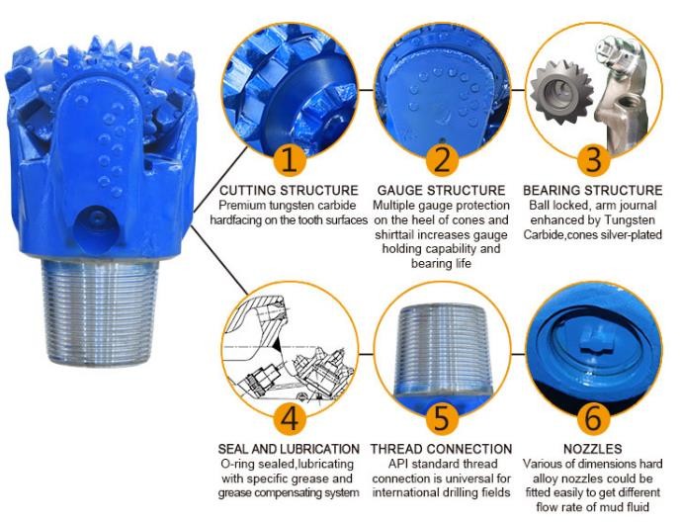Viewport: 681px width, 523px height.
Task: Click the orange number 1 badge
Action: pyautogui.click(x=290, y=159)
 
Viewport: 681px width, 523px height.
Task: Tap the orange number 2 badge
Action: pyautogui.click(x=442, y=159)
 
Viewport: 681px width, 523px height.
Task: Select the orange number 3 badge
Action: pyautogui.click(x=594, y=159)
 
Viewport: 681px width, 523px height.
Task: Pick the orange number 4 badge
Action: pyautogui.click(x=290, y=418)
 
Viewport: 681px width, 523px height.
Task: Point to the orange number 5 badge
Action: pyautogui.click(x=442, y=418)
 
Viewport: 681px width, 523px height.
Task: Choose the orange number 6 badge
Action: pyautogui.click(x=594, y=418)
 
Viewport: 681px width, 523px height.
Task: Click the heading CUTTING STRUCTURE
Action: pyautogui.click(x=289, y=190)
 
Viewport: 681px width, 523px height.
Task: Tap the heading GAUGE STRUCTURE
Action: pyautogui.click(x=441, y=190)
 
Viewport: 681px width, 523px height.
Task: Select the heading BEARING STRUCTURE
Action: pyautogui.click(x=593, y=190)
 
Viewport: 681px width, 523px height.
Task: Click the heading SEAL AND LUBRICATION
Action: pyautogui.click(x=289, y=449)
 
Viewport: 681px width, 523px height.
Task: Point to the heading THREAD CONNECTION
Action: pyautogui.click(x=441, y=449)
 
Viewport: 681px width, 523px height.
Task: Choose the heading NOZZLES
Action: pyautogui.click(x=593, y=449)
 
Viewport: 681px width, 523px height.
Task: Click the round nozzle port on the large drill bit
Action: pyautogui.click(x=96, y=226)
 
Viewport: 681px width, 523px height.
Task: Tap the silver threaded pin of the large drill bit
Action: pyautogui.click(x=101, y=310)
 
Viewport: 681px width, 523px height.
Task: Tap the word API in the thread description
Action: pyautogui.click(x=398, y=464)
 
